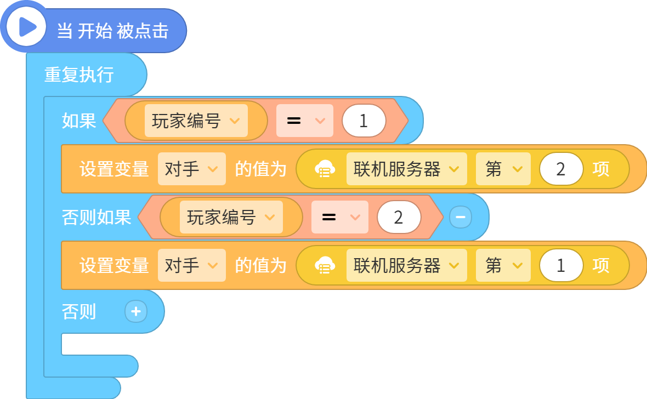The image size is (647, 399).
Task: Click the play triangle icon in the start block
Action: (27, 27)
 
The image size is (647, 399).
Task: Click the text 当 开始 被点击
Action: (112, 31)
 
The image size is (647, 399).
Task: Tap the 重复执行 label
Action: (79, 75)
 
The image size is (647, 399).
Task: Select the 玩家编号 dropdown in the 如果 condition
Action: (196, 121)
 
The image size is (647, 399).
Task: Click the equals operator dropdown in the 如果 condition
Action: (304, 121)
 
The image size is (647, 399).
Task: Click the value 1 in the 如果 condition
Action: (364, 121)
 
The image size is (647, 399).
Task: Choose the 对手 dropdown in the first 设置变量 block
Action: (191, 169)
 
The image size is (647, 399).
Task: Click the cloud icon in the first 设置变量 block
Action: (325, 169)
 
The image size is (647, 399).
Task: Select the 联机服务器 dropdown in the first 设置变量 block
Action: (406, 169)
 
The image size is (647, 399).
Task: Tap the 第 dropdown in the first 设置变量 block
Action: (503, 169)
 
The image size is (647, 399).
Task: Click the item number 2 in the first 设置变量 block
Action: (561, 169)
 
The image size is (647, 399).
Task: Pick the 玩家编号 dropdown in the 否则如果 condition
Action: (231, 217)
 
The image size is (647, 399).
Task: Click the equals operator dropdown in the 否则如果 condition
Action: (339, 217)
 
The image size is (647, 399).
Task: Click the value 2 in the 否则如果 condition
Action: (399, 217)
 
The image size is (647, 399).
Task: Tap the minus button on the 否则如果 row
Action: (461, 217)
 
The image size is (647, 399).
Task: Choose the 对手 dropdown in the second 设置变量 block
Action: (191, 265)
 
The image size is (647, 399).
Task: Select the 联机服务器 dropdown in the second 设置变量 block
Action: (406, 265)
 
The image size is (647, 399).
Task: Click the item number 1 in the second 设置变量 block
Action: (561, 265)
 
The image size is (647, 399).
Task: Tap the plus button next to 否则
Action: (136, 311)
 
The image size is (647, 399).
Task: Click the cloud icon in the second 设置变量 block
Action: (325, 265)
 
